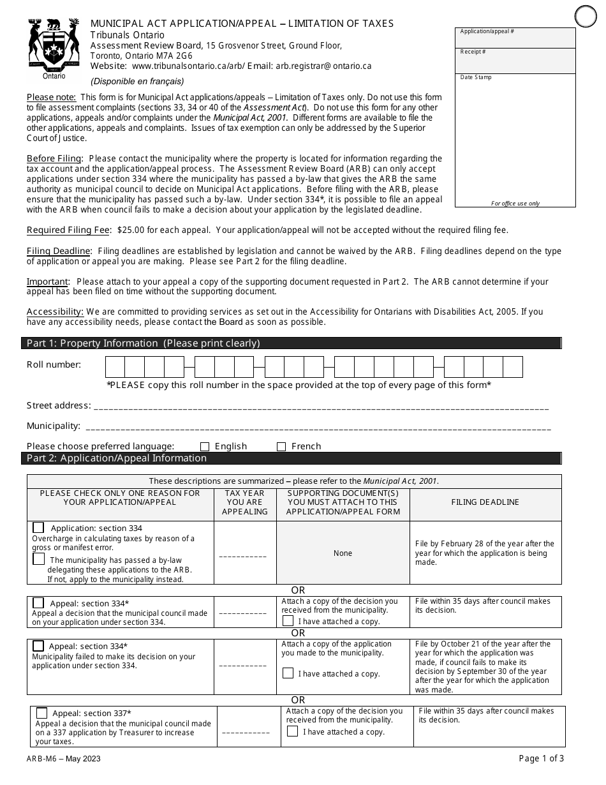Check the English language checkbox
[x=205, y=447]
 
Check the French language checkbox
[x=281, y=447]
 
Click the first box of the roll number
[x=115, y=367]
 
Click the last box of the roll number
[x=512, y=367]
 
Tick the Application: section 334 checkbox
[x=39, y=528]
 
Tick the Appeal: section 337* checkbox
[x=42, y=713]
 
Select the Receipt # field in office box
[x=515, y=61]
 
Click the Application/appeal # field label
[x=487, y=31]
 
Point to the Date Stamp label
[x=476, y=77]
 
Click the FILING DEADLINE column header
[x=485, y=503]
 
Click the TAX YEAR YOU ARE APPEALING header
[x=245, y=503]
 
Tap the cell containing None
[x=343, y=553]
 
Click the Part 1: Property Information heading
[x=143, y=343]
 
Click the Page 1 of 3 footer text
[x=542, y=759]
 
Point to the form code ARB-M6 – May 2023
[x=63, y=759]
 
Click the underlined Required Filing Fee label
[x=69, y=230]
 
